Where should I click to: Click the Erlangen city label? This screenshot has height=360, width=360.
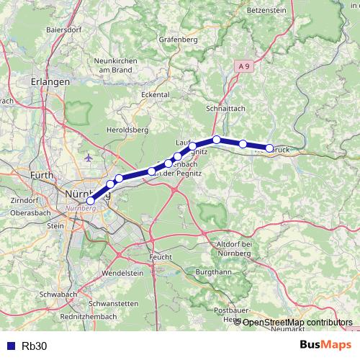(50, 83)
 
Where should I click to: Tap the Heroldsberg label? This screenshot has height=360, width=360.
(127, 130)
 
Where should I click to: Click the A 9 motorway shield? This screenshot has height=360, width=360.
(245, 66)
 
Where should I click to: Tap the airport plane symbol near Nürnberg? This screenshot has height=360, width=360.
(89, 156)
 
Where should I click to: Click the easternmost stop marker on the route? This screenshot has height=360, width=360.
(270, 148)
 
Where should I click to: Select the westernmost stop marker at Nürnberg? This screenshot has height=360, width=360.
(90, 202)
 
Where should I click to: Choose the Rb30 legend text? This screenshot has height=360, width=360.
(35, 346)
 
